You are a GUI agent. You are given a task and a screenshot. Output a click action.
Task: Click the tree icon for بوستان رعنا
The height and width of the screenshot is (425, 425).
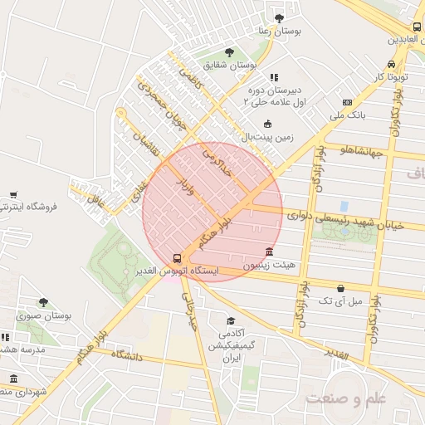pos(278,17)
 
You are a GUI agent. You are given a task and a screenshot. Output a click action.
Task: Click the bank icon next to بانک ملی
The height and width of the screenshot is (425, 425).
pos(347,103)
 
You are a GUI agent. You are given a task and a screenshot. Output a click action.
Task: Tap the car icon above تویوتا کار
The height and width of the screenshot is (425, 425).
pos(390,65)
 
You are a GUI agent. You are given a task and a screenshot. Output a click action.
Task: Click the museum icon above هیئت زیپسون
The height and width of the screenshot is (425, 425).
pos(268,252)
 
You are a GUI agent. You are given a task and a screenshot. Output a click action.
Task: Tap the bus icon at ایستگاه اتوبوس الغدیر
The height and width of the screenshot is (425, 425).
pos(176,258)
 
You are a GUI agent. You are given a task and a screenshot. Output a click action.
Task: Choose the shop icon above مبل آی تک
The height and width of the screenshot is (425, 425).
pos(340,287)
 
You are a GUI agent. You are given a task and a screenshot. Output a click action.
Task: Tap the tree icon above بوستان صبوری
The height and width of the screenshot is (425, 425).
pos(43,303)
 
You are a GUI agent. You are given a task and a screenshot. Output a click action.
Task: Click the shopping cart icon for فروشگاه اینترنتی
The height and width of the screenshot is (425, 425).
pos(12,195)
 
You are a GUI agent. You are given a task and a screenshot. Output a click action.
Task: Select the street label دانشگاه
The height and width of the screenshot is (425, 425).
pos(125,355)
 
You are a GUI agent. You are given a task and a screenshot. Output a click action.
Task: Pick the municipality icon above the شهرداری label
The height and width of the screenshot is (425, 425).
pos(13,378)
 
